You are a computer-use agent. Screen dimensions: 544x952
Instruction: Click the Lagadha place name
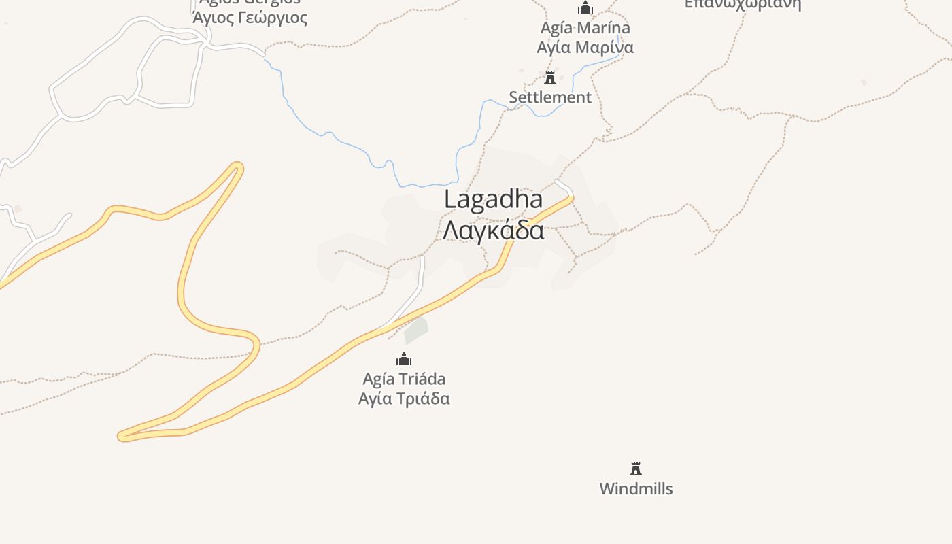[493, 199]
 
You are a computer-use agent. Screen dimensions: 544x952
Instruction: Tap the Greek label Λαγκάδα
[493, 230]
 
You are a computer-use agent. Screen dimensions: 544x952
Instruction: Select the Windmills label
[636, 488]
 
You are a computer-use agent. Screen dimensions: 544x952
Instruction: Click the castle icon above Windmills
[636, 468]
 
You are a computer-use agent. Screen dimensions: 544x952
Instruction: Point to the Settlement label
[550, 97]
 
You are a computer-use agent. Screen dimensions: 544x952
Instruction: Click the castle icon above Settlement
[550, 77]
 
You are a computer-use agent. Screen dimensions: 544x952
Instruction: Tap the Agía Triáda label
[404, 379]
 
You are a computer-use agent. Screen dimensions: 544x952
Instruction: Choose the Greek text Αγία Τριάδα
[404, 398]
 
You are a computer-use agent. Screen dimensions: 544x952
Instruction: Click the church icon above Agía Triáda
[404, 359]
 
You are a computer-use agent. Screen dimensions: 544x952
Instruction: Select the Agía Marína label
[585, 28]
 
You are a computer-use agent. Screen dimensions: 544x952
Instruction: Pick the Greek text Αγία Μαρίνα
[585, 47]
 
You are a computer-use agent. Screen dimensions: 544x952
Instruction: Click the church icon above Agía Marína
[585, 8]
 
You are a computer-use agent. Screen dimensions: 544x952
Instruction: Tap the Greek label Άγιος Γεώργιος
[250, 18]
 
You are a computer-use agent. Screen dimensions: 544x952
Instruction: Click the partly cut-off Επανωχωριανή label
[743, 4]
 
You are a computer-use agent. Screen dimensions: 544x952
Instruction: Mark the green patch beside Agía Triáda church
[415, 330]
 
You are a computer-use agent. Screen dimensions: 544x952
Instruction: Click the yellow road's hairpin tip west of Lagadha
[237, 166]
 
